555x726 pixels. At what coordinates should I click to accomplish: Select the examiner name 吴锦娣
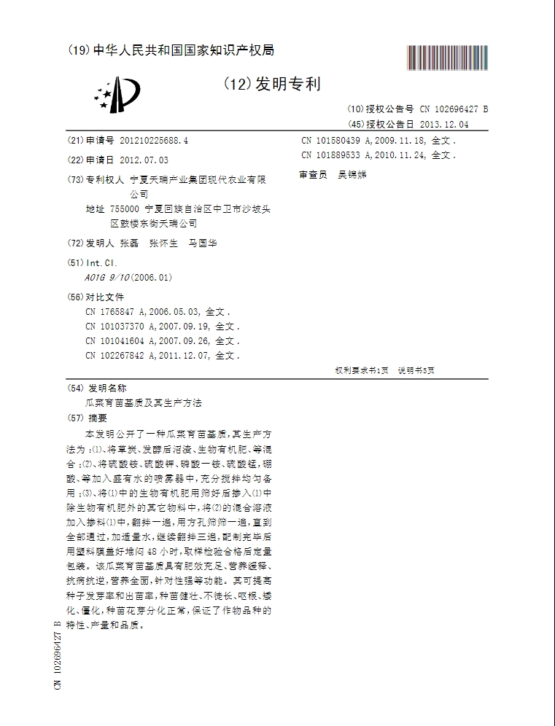[352, 175]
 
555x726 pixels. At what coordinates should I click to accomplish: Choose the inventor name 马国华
[203, 243]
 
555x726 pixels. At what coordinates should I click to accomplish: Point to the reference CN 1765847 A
[115, 312]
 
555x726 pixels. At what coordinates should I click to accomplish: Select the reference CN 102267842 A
[118, 356]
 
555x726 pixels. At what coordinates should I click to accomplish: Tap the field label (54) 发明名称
[96, 388]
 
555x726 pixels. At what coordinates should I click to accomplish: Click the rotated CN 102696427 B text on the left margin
[57, 657]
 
